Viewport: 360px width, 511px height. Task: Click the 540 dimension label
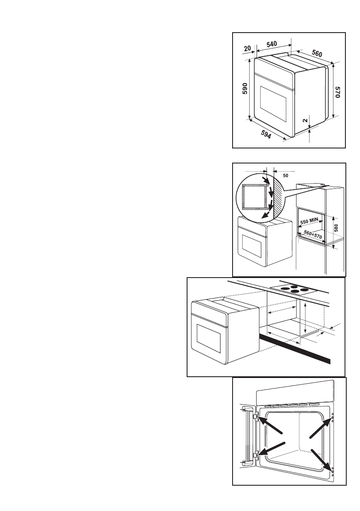tap(272, 44)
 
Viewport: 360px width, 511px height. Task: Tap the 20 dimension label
tap(247, 49)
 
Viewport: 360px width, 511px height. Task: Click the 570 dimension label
tap(338, 93)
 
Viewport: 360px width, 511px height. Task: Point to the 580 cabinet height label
tap(336, 227)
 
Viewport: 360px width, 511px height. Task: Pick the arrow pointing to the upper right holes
tap(320, 428)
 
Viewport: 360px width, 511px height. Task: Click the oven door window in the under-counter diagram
tap(210, 339)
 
